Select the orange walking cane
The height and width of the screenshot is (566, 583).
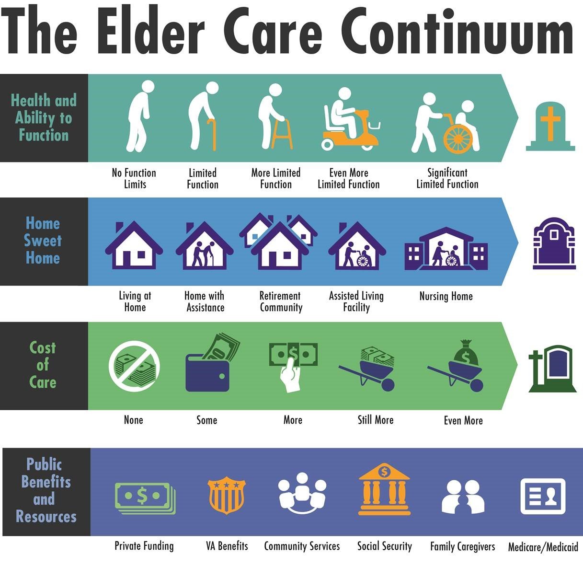pos(212,135)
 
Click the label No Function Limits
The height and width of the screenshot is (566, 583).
pos(134,178)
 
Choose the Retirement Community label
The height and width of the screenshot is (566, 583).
pos(281,301)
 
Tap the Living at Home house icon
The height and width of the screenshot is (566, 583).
pos(134,245)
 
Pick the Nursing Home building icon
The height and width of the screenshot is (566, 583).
pos(446,249)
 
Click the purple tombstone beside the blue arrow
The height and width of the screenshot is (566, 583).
pos(554,243)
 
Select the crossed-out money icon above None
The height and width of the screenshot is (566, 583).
pos(134,366)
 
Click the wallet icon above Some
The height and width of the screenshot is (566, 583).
pos(212,364)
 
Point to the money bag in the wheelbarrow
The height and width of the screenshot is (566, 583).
pos(466,353)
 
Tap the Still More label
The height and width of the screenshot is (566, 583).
pos(376,420)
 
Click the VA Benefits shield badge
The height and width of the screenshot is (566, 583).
pos(227,496)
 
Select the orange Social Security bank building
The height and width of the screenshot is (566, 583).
pos(384,489)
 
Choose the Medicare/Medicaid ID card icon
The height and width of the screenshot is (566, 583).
pos(543,496)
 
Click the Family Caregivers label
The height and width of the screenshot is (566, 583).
pos(463,546)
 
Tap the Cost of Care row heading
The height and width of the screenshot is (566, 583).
pos(43,365)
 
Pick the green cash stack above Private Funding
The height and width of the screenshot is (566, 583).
pos(145,497)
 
